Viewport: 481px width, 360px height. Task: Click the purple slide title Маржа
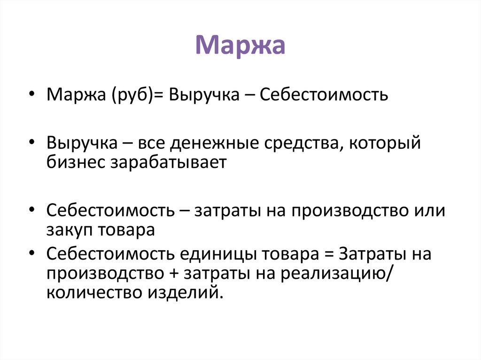pyautogui.click(x=240, y=46)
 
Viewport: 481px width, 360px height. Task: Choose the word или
pyautogui.click(x=428, y=210)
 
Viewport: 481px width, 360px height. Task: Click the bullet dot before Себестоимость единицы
pyautogui.click(x=32, y=254)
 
